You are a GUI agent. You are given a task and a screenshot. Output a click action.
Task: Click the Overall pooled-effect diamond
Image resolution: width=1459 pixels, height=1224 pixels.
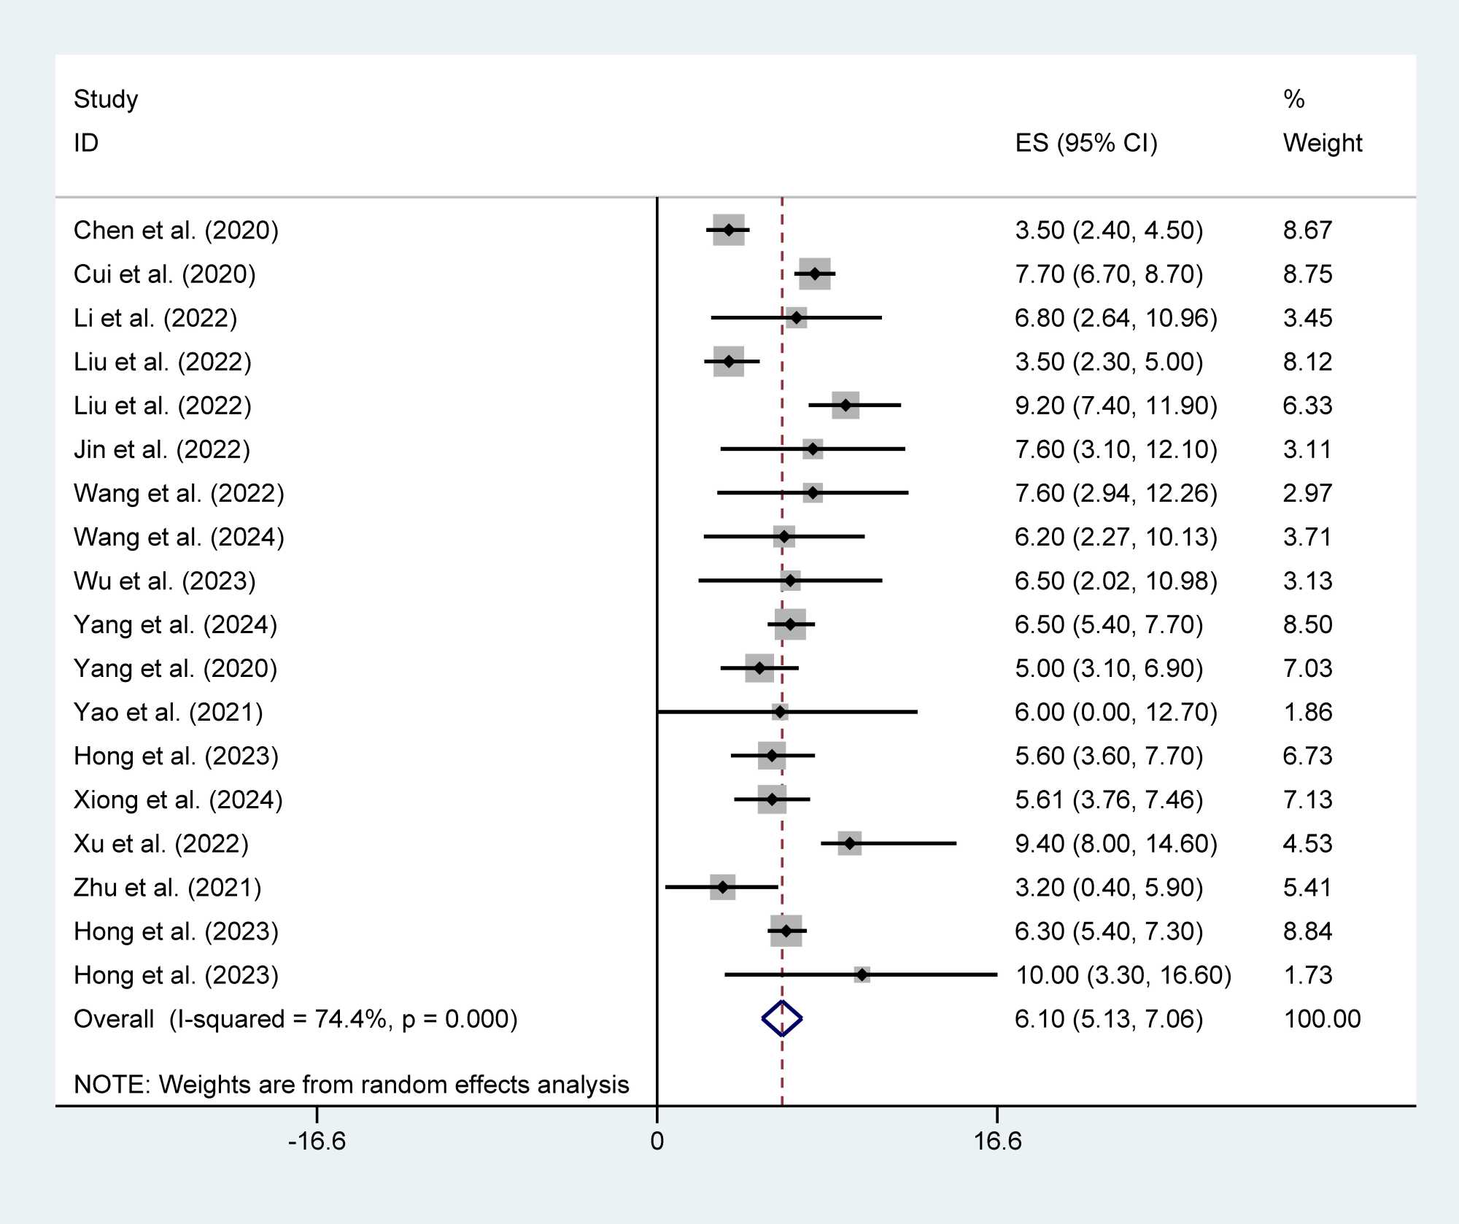click(782, 1018)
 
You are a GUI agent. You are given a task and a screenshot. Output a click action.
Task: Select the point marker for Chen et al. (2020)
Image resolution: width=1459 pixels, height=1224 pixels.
click(729, 231)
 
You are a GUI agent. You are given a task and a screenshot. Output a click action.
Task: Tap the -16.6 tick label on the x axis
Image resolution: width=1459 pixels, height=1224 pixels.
click(317, 1141)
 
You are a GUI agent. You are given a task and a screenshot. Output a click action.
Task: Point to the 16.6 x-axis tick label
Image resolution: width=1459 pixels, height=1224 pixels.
click(997, 1141)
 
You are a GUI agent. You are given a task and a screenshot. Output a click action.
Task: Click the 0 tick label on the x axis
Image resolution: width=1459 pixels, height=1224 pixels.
click(657, 1141)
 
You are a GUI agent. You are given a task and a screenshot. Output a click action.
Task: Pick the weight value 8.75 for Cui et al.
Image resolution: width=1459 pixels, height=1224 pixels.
click(1307, 274)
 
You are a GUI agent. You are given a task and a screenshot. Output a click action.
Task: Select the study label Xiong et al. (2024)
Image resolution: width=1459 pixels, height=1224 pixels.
click(178, 799)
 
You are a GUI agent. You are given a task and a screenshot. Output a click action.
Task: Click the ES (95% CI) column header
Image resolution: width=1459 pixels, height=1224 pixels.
click(1086, 143)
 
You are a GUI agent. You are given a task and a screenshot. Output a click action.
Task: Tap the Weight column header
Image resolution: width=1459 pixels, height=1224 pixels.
click(1322, 143)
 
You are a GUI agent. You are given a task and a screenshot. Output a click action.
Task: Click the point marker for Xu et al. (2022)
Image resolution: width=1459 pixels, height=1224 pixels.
click(850, 843)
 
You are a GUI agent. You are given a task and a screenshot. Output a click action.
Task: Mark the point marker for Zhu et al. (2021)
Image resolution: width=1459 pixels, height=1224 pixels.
click(722, 887)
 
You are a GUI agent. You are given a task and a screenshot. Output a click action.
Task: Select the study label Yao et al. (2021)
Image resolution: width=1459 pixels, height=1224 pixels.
click(169, 712)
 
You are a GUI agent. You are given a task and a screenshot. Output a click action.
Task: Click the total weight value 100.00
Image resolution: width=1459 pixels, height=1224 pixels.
click(1322, 1018)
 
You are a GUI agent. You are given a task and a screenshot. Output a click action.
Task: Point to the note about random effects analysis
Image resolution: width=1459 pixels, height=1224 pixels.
click(351, 1085)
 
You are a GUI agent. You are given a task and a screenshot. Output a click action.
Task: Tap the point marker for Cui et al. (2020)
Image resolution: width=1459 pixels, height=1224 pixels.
click(815, 274)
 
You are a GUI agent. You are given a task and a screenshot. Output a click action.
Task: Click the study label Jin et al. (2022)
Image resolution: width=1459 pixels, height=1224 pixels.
click(162, 449)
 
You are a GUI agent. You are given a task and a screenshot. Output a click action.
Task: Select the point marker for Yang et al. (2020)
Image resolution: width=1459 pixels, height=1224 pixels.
click(759, 668)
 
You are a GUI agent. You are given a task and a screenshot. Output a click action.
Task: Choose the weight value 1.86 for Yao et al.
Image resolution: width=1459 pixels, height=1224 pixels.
click(1307, 712)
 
